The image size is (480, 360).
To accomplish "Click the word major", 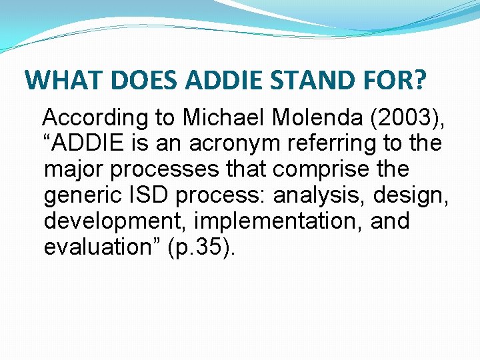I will click(x=74, y=169).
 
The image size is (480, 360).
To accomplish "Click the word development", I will click(x=109, y=220).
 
